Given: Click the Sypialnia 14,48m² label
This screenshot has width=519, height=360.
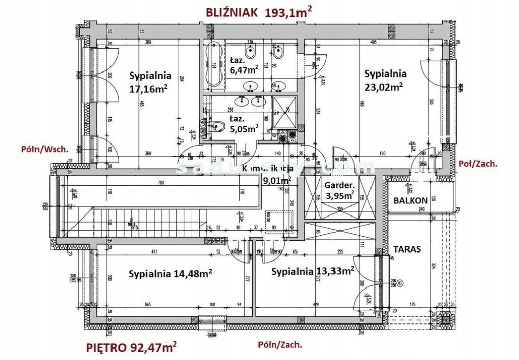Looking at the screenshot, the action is (x=170, y=273).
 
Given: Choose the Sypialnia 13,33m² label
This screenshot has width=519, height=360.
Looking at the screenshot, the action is (x=312, y=271).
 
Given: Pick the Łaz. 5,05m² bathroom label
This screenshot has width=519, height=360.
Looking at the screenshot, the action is (x=243, y=124).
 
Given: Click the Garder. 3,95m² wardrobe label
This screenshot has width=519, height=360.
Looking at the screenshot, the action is (x=340, y=190).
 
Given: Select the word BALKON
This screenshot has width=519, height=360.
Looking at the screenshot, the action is (x=410, y=200).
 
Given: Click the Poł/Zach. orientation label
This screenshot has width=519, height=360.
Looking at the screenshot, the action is (x=477, y=164).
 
